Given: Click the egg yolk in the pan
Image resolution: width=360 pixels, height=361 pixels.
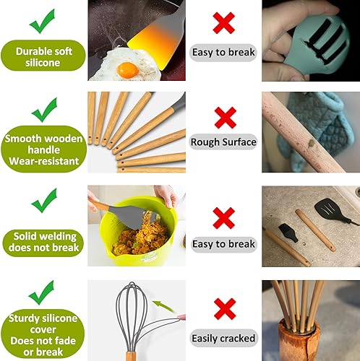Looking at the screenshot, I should (127, 69).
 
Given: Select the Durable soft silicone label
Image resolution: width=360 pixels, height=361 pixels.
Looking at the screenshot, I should (43, 58).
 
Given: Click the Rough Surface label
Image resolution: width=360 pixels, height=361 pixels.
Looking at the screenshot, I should (223, 142).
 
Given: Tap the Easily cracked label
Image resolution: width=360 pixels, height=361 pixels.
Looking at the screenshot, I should (223, 337).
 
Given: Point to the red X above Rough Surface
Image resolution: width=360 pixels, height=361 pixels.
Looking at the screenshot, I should (224, 116).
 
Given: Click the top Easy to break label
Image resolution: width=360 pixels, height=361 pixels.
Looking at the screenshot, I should (223, 52).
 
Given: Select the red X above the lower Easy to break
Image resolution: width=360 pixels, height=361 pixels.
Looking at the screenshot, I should (224, 216).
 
